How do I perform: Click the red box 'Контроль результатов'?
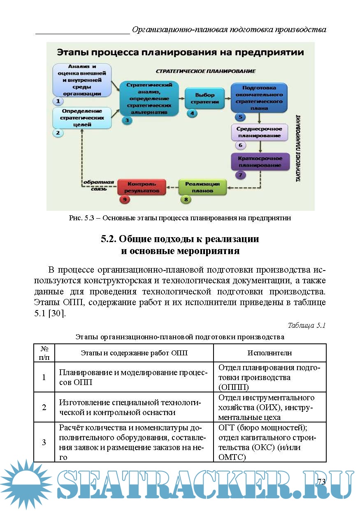[142, 187]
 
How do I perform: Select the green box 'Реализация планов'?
[202, 187]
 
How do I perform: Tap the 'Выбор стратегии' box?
[205, 98]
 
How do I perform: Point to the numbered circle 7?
[240, 175]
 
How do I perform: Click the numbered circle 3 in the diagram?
[127, 120]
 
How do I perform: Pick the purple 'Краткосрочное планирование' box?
[260, 161]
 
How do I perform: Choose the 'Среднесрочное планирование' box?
[259, 132]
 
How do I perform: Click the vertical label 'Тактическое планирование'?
[298, 148]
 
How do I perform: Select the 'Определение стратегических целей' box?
[82, 118]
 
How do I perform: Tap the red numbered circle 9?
[124, 199]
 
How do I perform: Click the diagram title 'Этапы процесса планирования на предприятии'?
[180, 52]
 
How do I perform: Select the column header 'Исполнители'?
[269, 353]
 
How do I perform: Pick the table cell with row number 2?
[44, 407]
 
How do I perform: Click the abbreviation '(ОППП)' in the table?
[234, 387]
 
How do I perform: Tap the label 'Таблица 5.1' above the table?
[307, 325]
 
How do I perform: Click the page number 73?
[321, 482]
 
